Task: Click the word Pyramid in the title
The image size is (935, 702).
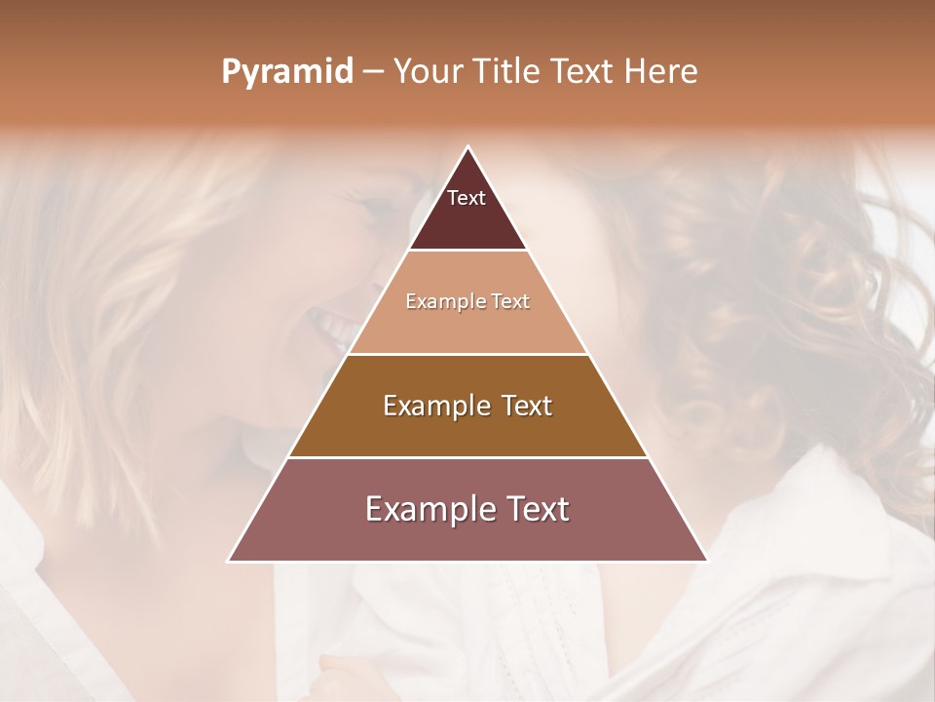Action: click(x=286, y=72)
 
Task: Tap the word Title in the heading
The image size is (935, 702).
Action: click(x=507, y=72)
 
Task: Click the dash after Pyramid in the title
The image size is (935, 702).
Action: click(x=373, y=72)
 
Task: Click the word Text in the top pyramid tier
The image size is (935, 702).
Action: click(x=467, y=198)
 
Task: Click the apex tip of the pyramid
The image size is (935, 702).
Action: click(x=467, y=148)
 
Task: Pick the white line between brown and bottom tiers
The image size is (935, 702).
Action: click(x=467, y=457)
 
